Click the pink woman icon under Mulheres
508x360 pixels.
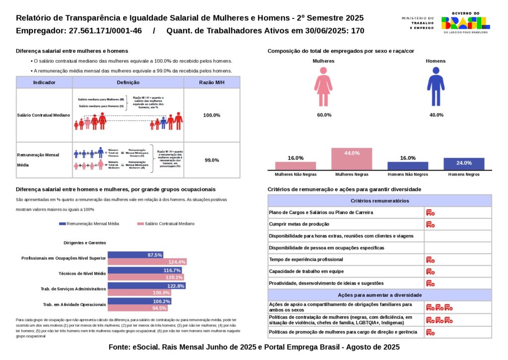point(323,87)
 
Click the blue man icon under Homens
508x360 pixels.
point(436,87)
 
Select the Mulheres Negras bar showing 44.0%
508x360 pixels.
point(352,159)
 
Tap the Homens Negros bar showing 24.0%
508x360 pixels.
point(464,164)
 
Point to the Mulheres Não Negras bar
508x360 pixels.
point(296,166)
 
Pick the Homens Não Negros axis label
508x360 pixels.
point(408,175)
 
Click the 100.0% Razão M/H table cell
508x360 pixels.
point(212,115)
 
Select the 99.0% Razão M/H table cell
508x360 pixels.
point(212,160)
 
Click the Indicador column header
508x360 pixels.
point(44,82)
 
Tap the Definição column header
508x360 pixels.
point(128,82)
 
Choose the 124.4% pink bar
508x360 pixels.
point(147,262)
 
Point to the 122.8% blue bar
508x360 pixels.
point(147,286)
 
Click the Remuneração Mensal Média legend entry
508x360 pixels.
point(89,224)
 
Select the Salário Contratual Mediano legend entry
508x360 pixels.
point(166,224)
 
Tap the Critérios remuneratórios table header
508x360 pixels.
point(380,201)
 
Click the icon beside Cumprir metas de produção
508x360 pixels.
point(430,224)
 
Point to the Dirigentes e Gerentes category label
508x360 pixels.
point(85,243)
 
